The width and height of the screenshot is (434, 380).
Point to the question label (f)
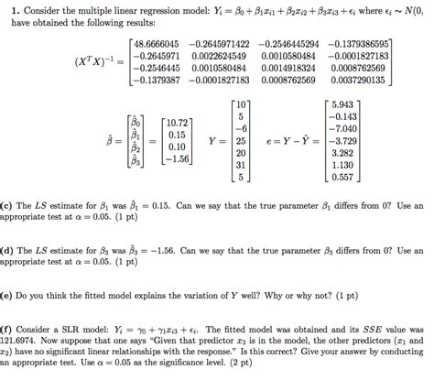(6, 327)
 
